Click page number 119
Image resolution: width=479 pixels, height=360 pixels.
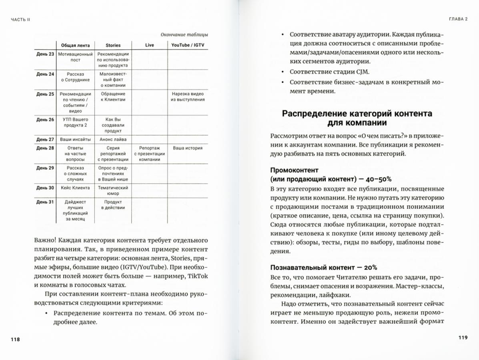click(x=463, y=338)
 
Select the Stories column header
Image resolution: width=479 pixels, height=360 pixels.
click(x=113, y=45)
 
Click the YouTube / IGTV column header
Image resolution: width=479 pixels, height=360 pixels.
click(x=188, y=45)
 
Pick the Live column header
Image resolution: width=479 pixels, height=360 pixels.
click(x=149, y=45)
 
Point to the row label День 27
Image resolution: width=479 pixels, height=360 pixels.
click(x=45, y=140)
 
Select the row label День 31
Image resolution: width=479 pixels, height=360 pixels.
click(x=45, y=202)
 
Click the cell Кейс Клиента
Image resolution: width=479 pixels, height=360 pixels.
click(x=76, y=188)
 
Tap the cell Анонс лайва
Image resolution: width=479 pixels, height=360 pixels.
click(x=113, y=140)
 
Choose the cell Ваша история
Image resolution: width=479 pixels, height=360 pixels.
click(x=188, y=148)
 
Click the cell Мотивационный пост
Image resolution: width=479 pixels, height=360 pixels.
click(x=76, y=57)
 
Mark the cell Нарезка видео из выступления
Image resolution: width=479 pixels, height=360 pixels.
click(x=188, y=97)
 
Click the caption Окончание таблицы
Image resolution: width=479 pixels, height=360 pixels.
click(x=184, y=34)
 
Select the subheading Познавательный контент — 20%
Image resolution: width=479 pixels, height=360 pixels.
click(x=323, y=268)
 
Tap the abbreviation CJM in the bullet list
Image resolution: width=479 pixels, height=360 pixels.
click(x=363, y=72)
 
